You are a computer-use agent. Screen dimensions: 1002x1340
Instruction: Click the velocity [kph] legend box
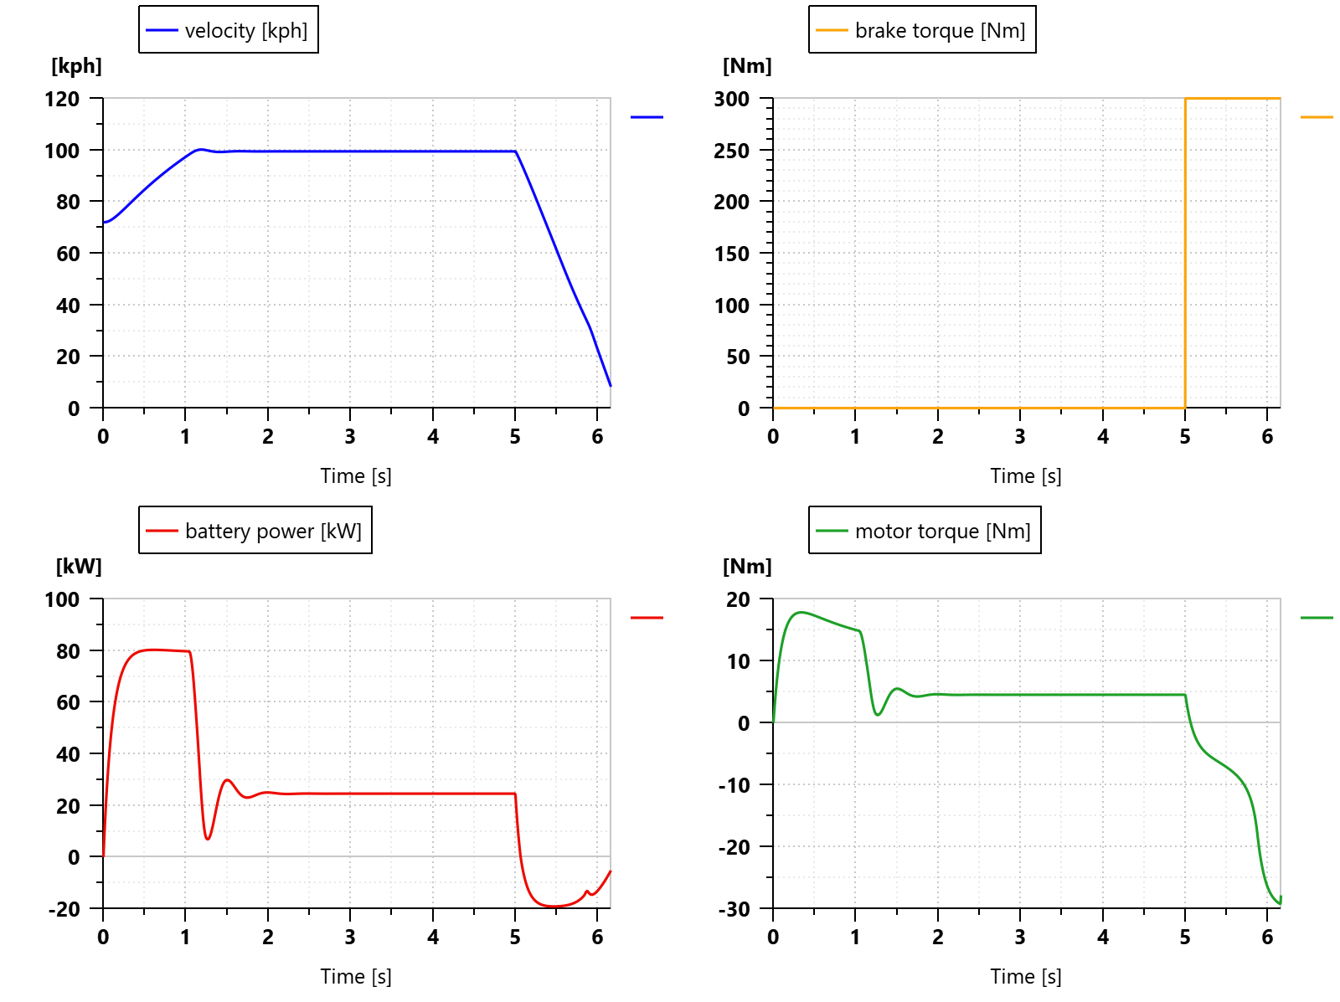pyautogui.click(x=228, y=30)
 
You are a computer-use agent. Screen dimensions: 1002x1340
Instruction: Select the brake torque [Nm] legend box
pyautogui.click(x=921, y=30)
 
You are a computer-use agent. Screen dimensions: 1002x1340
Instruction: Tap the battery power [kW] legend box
pyautogui.click(x=255, y=531)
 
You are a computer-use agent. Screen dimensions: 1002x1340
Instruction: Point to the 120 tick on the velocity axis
pyautogui.click(x=63, y=100)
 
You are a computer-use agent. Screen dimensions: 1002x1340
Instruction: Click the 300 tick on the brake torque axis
pyautogui.click(x=732, y=100)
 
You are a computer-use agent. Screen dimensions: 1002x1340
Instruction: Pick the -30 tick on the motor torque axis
pyautogui.click(x=734, y=909)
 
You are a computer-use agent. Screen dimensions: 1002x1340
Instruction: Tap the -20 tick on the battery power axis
pyautogui.click(x=64, y=909)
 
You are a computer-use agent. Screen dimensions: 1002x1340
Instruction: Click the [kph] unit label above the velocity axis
pyautogui.click(x=77, y=66)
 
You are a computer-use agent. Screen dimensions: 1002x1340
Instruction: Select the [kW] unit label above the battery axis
pyautogui.click(x=79, y=567)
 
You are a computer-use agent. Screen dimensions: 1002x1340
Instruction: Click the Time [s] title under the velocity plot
pyautogui.click(x=356, y=476)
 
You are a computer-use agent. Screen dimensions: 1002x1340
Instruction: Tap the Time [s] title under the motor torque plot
pyautogui.click(x=1026, y=977)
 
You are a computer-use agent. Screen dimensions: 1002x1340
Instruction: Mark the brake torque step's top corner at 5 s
pyautogui.click(x=1185, y=99)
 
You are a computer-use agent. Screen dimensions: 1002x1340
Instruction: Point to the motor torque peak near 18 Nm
pyautogui.click(x=801, y=612)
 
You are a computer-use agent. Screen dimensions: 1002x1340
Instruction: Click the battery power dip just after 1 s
pyautogui.click(x=208, y=839)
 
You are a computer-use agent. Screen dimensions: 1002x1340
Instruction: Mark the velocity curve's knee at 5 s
pyautogui.click(x=515, y=152)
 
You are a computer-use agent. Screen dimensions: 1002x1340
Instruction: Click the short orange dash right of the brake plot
pyautogui.click(x=1317, y=117)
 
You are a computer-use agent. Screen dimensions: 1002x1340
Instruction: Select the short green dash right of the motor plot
pyautogui.click(x=1317, y=618)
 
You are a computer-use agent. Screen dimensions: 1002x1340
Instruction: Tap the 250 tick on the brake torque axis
pyautogui.click(x=732, y=151)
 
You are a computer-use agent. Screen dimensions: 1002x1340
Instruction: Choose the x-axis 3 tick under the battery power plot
pyautogui.click(x=350, y=938)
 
